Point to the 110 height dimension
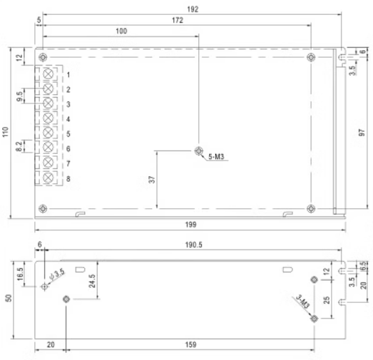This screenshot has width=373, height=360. click(6, 132)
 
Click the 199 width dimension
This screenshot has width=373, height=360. click(189, 225)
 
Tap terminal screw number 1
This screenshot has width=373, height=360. click(49, 74)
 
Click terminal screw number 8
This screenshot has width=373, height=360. click(49, 178)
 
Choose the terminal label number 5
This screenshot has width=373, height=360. click(68, 134)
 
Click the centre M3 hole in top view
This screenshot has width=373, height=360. click(199, 151)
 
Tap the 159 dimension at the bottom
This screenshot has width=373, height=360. click(191, 344)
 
